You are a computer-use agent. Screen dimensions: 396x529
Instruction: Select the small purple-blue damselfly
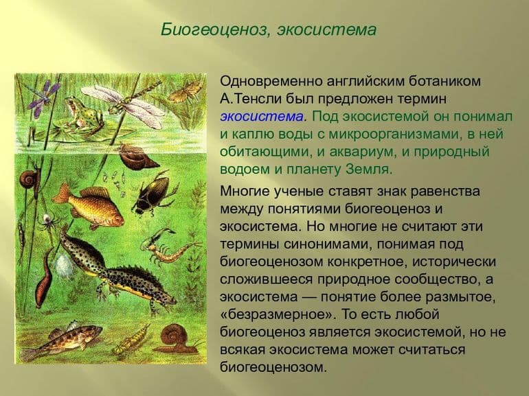(x=43, y=96)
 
